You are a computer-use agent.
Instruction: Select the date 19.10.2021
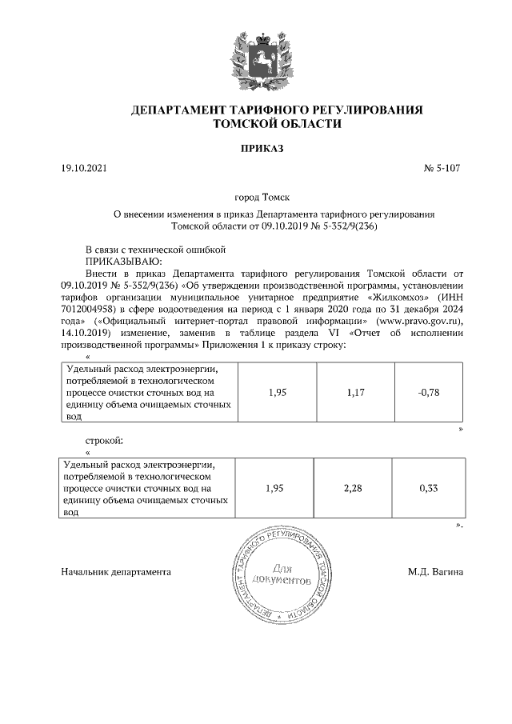pos(82,170)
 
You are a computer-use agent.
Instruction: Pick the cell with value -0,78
pos(429,392)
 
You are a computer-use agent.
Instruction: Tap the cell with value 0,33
pos(429,489)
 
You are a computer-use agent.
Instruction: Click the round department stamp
pos(281,578)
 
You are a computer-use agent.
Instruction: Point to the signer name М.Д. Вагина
pos(435,572)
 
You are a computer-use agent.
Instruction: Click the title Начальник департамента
pos(116,572)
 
